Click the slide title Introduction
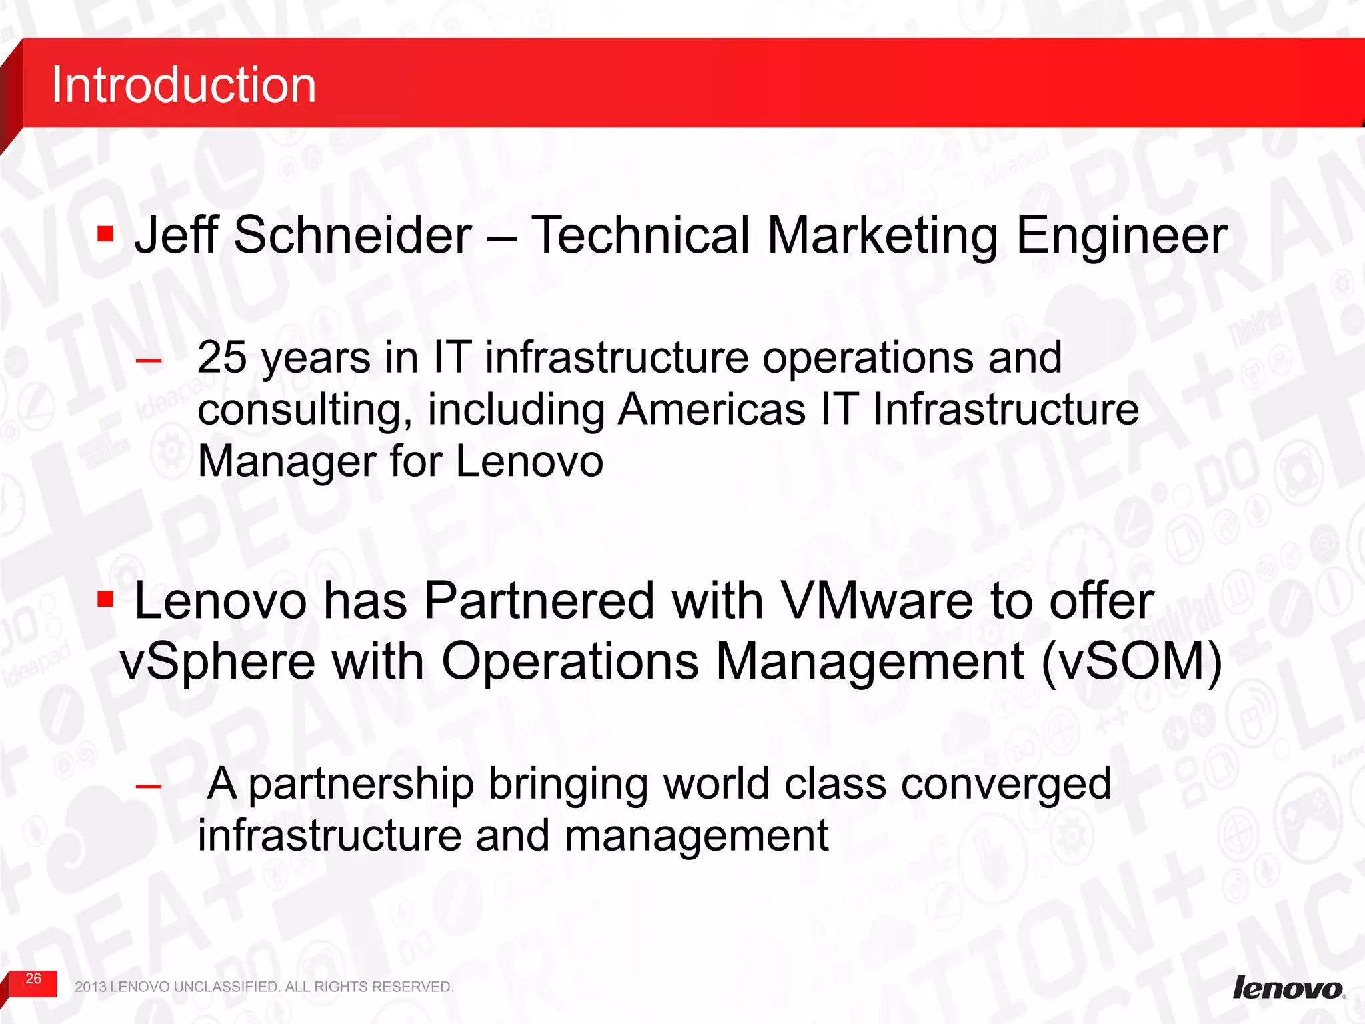point(183,85)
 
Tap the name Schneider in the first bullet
point(353,235)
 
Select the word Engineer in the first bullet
point(1122,237)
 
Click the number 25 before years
point(222,357)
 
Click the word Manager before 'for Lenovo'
point(287,461)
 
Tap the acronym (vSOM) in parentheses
point(1131,661)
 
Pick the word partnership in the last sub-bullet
point(361,785)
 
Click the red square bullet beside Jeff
point(105,234)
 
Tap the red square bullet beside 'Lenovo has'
point(105,599)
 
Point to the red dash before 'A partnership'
point(148,787)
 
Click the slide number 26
point(33,979)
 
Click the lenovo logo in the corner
point(1288,987)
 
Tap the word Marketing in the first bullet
point(882,237)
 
